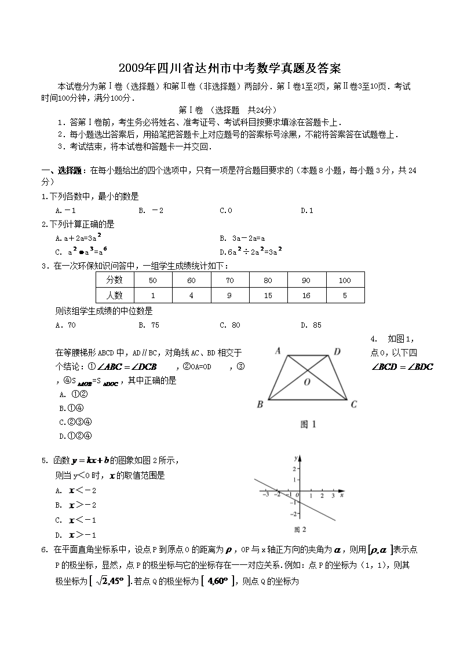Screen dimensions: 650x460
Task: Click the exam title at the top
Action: [x=229, y=68]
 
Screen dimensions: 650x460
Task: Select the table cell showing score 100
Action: [x=345, y=280]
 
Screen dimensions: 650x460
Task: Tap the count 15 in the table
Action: [x=268, y=296]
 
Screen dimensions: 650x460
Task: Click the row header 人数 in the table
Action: [x=115, y=296]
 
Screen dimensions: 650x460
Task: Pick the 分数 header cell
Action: [x=115, y=280]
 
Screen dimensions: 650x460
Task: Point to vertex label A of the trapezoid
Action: [x=278, y=351]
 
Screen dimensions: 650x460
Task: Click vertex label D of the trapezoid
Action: [x=337, y=351]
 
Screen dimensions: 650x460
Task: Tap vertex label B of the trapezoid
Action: [x=260, y=404]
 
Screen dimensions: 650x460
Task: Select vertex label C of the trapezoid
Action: [x=354, y=404]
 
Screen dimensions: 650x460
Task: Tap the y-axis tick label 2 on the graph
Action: [x=294, y=469]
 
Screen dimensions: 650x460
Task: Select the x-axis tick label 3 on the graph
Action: [x=333, y=496]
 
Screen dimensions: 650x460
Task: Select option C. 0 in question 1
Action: [x=225, y=210]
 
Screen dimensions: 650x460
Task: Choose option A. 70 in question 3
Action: [x=65, y=325]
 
